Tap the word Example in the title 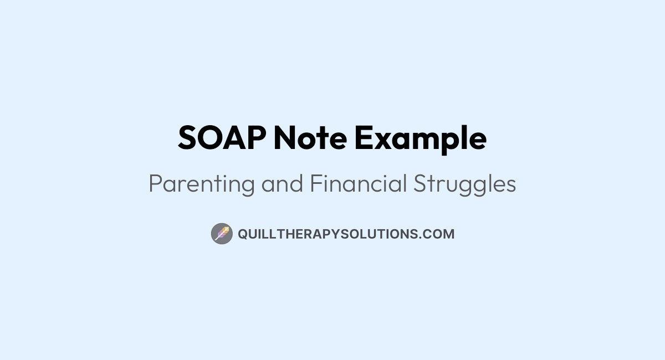[421, 139]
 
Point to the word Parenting [202, 184]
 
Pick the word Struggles [465, 184]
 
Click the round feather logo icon [221, 234]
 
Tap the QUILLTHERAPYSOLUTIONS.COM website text [346, 234]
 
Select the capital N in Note [285, 138]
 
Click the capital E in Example [364, 138]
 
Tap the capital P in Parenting [155, 184]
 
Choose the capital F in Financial [315, 184]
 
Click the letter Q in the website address [243, 234]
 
